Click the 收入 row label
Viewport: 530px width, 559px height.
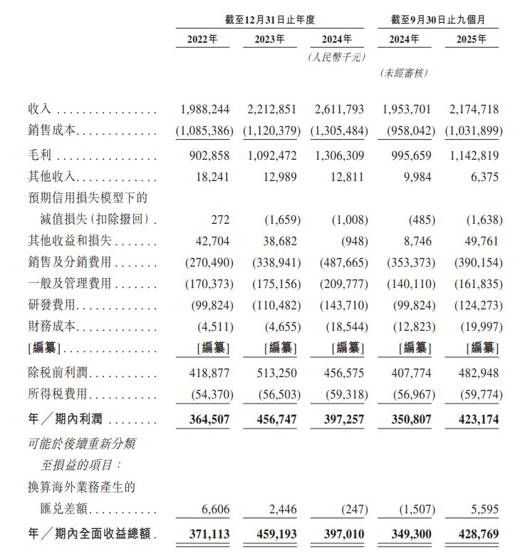click(x=40, y=109)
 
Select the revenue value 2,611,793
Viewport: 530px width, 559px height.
click(x=338, y=109)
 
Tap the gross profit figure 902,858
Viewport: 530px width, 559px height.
click(x=207, y=155)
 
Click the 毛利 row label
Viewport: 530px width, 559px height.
click(x=40, y=155)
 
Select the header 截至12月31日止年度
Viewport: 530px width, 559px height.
click(x=272, y=17)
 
